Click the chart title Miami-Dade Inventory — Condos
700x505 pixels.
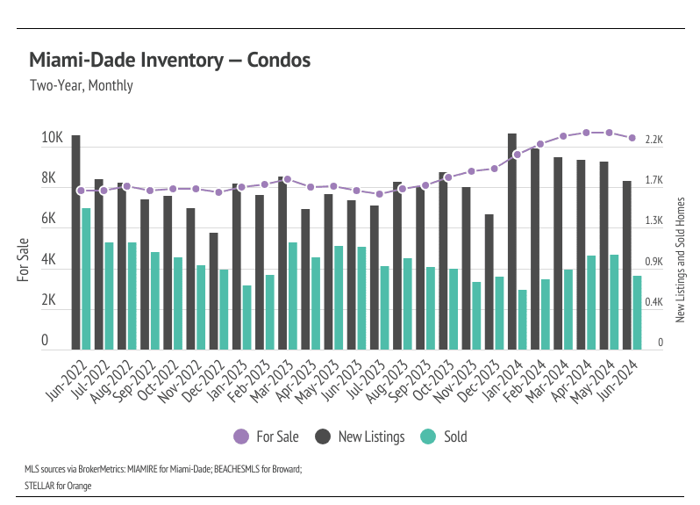(169, 61)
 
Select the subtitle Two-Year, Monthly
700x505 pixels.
(81, 86)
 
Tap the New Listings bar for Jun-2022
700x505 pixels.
(76, 242)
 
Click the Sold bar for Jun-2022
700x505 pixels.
(86, 278)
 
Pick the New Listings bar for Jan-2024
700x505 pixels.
(512, 242)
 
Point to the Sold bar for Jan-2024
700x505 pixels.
(522, 320)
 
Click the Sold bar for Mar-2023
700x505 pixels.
(292, 296)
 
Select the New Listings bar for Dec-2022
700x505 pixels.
(214, 291)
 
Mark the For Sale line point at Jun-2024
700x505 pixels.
(632, 138)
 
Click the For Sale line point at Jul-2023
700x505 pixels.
(379, 194)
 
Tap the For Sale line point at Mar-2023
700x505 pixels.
(287, 179)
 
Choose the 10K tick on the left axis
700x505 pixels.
(52, 139)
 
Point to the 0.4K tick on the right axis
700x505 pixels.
(654, 302)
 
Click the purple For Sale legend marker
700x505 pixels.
(241, 436)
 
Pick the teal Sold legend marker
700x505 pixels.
(428, 436)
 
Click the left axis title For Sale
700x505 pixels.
(24, 259)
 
